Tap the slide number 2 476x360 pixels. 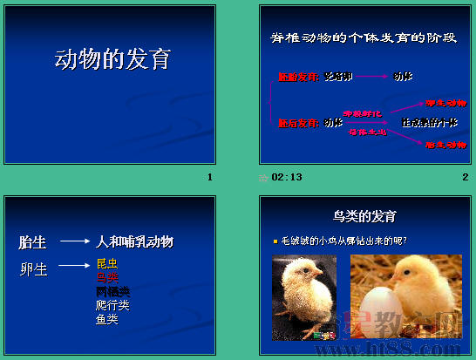coord(466,177)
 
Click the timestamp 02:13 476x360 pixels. coord(287,177)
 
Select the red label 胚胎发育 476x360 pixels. coord(298,77)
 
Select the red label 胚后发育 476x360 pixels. coord(298,123)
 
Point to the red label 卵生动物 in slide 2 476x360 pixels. coord(445,103)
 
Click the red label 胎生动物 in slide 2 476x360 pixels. coord(445,145)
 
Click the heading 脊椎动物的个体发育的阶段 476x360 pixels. coord(364,38)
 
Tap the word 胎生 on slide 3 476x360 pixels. coord(33,241)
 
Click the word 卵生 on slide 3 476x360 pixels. coord(33,268)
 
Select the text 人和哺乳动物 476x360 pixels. coord(135,241)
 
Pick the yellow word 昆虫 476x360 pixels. coord(107,263)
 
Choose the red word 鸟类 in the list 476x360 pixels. coord(107,277)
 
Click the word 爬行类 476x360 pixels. coord(112,305)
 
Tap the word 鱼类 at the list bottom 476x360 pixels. coord(107,319)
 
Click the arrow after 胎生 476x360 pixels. coord(75,241)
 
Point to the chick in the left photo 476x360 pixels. coord(302,292)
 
